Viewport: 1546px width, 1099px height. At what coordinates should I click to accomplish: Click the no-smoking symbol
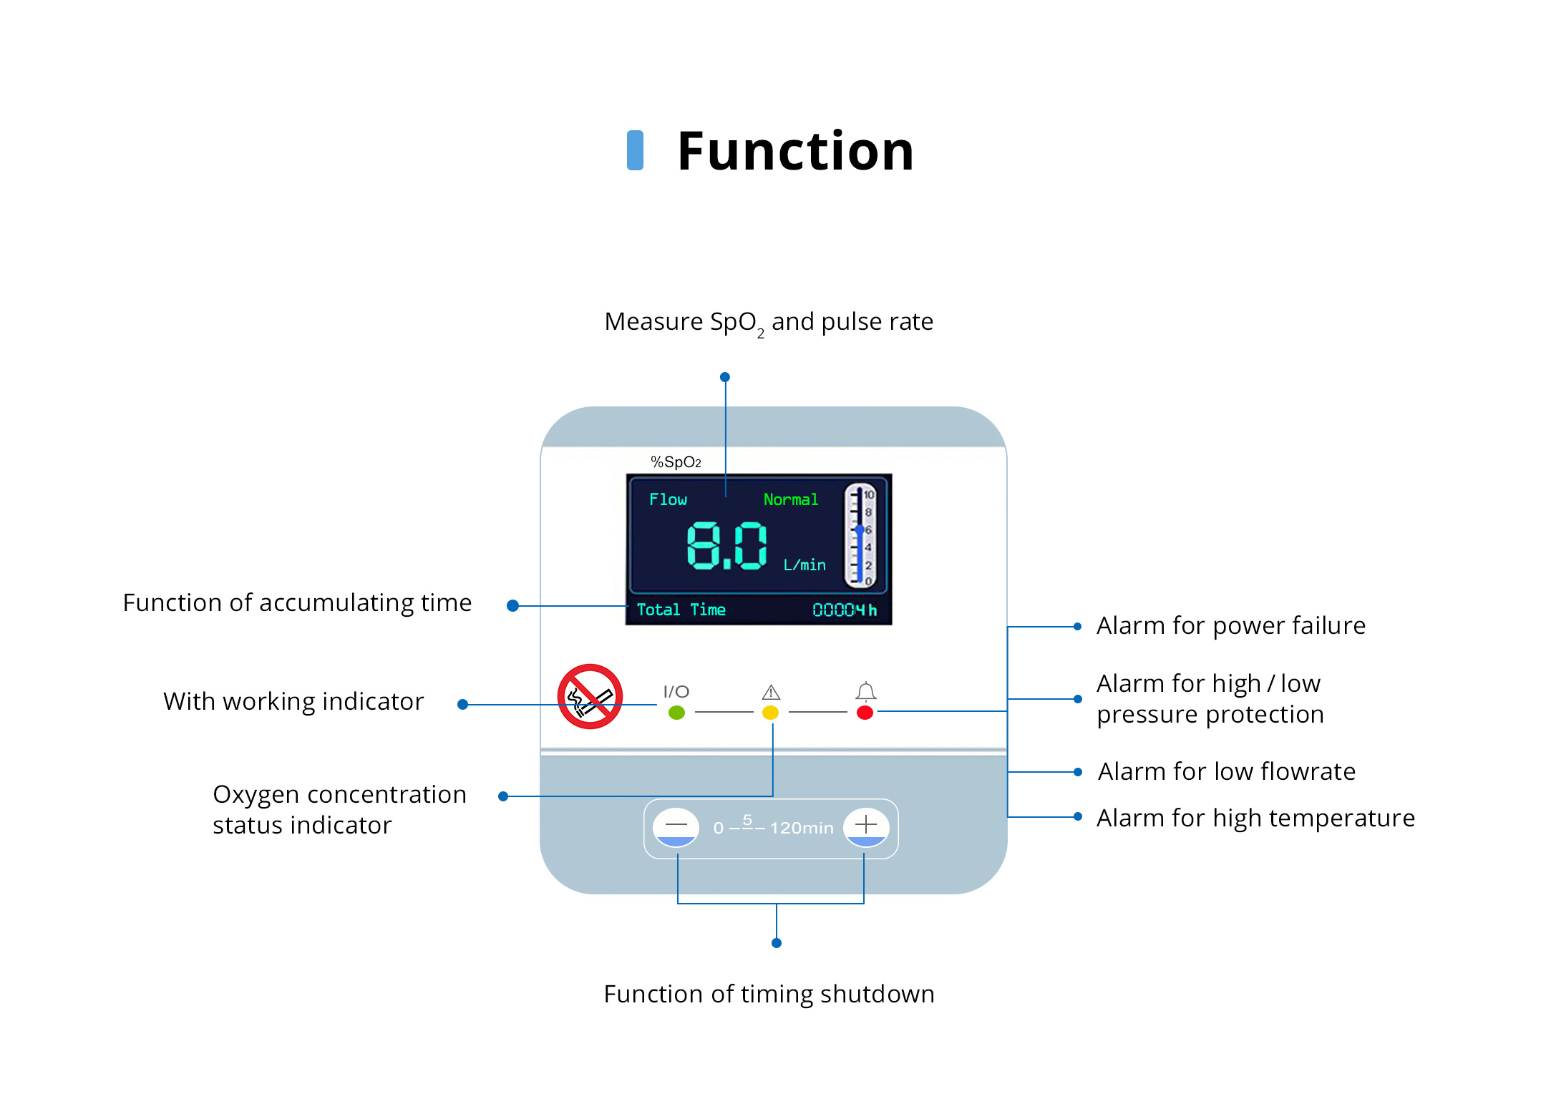coord(590,696)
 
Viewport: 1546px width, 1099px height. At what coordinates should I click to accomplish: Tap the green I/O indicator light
coord(676,713)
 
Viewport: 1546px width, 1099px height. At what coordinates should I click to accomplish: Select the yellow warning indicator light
coord(770,713)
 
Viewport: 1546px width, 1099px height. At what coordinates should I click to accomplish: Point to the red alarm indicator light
coord(865,713)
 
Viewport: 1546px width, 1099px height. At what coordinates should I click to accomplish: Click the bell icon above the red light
coord(865,691)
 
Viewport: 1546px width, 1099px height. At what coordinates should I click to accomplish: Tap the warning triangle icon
coord(771,692)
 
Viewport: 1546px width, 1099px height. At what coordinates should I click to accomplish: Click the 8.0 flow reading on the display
coord(726,546)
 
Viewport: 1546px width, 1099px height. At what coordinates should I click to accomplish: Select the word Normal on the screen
coord(790,499)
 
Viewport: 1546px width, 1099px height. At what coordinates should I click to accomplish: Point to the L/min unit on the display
coord(804,565)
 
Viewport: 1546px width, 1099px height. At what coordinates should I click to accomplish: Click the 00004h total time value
coord(844,610)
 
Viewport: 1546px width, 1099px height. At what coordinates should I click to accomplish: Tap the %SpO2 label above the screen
coord(675,462)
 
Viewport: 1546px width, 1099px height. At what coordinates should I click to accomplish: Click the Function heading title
coord(795,151)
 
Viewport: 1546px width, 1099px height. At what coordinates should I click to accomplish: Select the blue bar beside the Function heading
coord(635,150)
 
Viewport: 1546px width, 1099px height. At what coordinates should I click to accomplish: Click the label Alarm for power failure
coord(1230,626)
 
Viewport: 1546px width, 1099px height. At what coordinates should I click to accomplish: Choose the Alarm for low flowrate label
coord(1226,772)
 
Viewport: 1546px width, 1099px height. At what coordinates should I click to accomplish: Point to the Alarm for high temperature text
coord(1255,818)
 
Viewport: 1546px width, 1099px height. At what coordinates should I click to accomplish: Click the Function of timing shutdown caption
coord(769,994)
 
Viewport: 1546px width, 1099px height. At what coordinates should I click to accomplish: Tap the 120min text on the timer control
coord(802,828)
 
